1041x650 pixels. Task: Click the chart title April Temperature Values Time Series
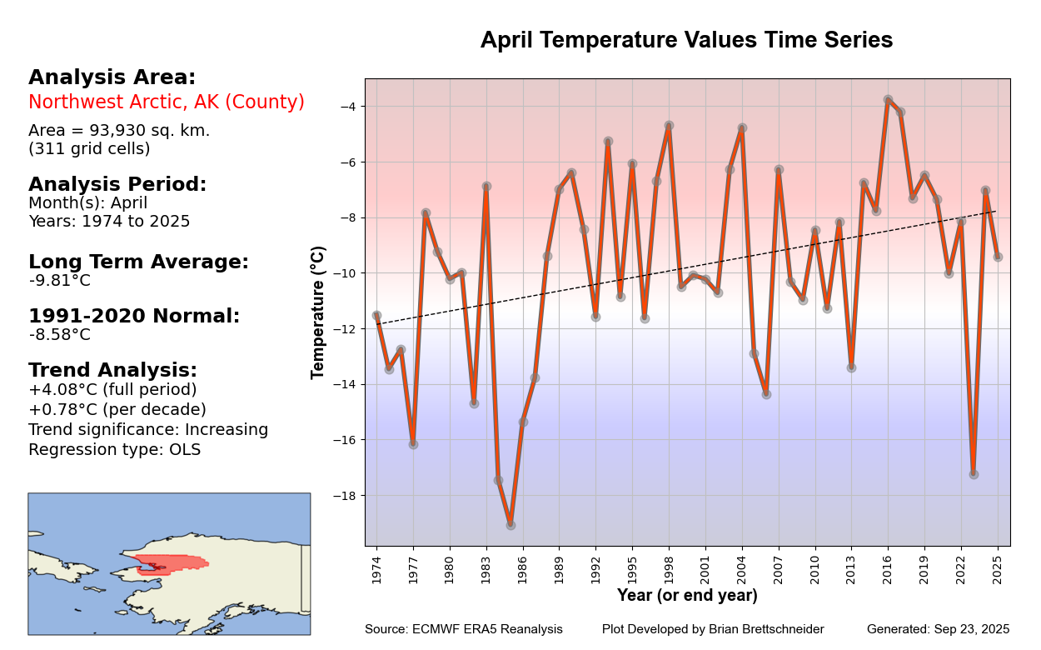(x=686, y=40)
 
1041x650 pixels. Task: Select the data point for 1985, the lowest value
(x=511, y=525)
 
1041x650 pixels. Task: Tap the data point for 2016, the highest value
(x=888, y=100)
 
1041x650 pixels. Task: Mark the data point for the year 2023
(x=973, y=474)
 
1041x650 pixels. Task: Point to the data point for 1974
(x=376, y=316)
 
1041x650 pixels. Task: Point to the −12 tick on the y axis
(x=348, y=328)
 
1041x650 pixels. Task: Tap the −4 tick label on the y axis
(x=348, y=107)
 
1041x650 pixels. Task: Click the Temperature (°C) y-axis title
(x=318, y=312)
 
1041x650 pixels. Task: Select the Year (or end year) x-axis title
(x=687, y=596)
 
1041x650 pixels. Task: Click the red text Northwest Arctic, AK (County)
(x=167, y=102)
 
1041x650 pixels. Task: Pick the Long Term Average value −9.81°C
(x=60, y=281)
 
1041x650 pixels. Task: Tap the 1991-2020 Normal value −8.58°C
(x=60, y=335)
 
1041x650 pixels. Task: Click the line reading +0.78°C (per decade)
(x=117, y=410)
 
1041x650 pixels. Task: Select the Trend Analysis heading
(x=112, y=370)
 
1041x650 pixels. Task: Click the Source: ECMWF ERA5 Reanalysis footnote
(x=463, y=629)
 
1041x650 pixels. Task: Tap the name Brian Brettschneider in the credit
(x=765, y=629)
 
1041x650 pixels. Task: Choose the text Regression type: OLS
(x=115, y=450)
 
